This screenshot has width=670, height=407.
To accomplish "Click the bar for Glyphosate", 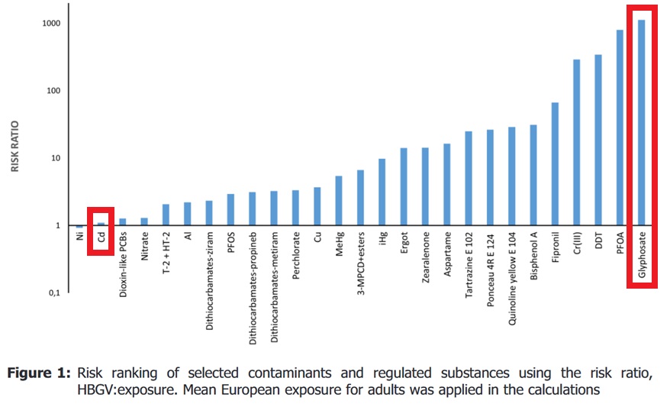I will (x=641, y=122).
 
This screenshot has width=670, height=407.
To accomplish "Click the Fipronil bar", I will (x=555, y=164).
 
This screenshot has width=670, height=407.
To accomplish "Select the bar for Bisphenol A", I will (x=533, y=175).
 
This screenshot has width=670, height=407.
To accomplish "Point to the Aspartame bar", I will (x=446, y=184).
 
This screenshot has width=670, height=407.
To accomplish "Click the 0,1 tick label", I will (x=54, y=293).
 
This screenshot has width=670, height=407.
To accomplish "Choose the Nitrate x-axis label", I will (x=144, y=252).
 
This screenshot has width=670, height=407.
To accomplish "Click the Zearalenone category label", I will (x=425, y=260).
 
